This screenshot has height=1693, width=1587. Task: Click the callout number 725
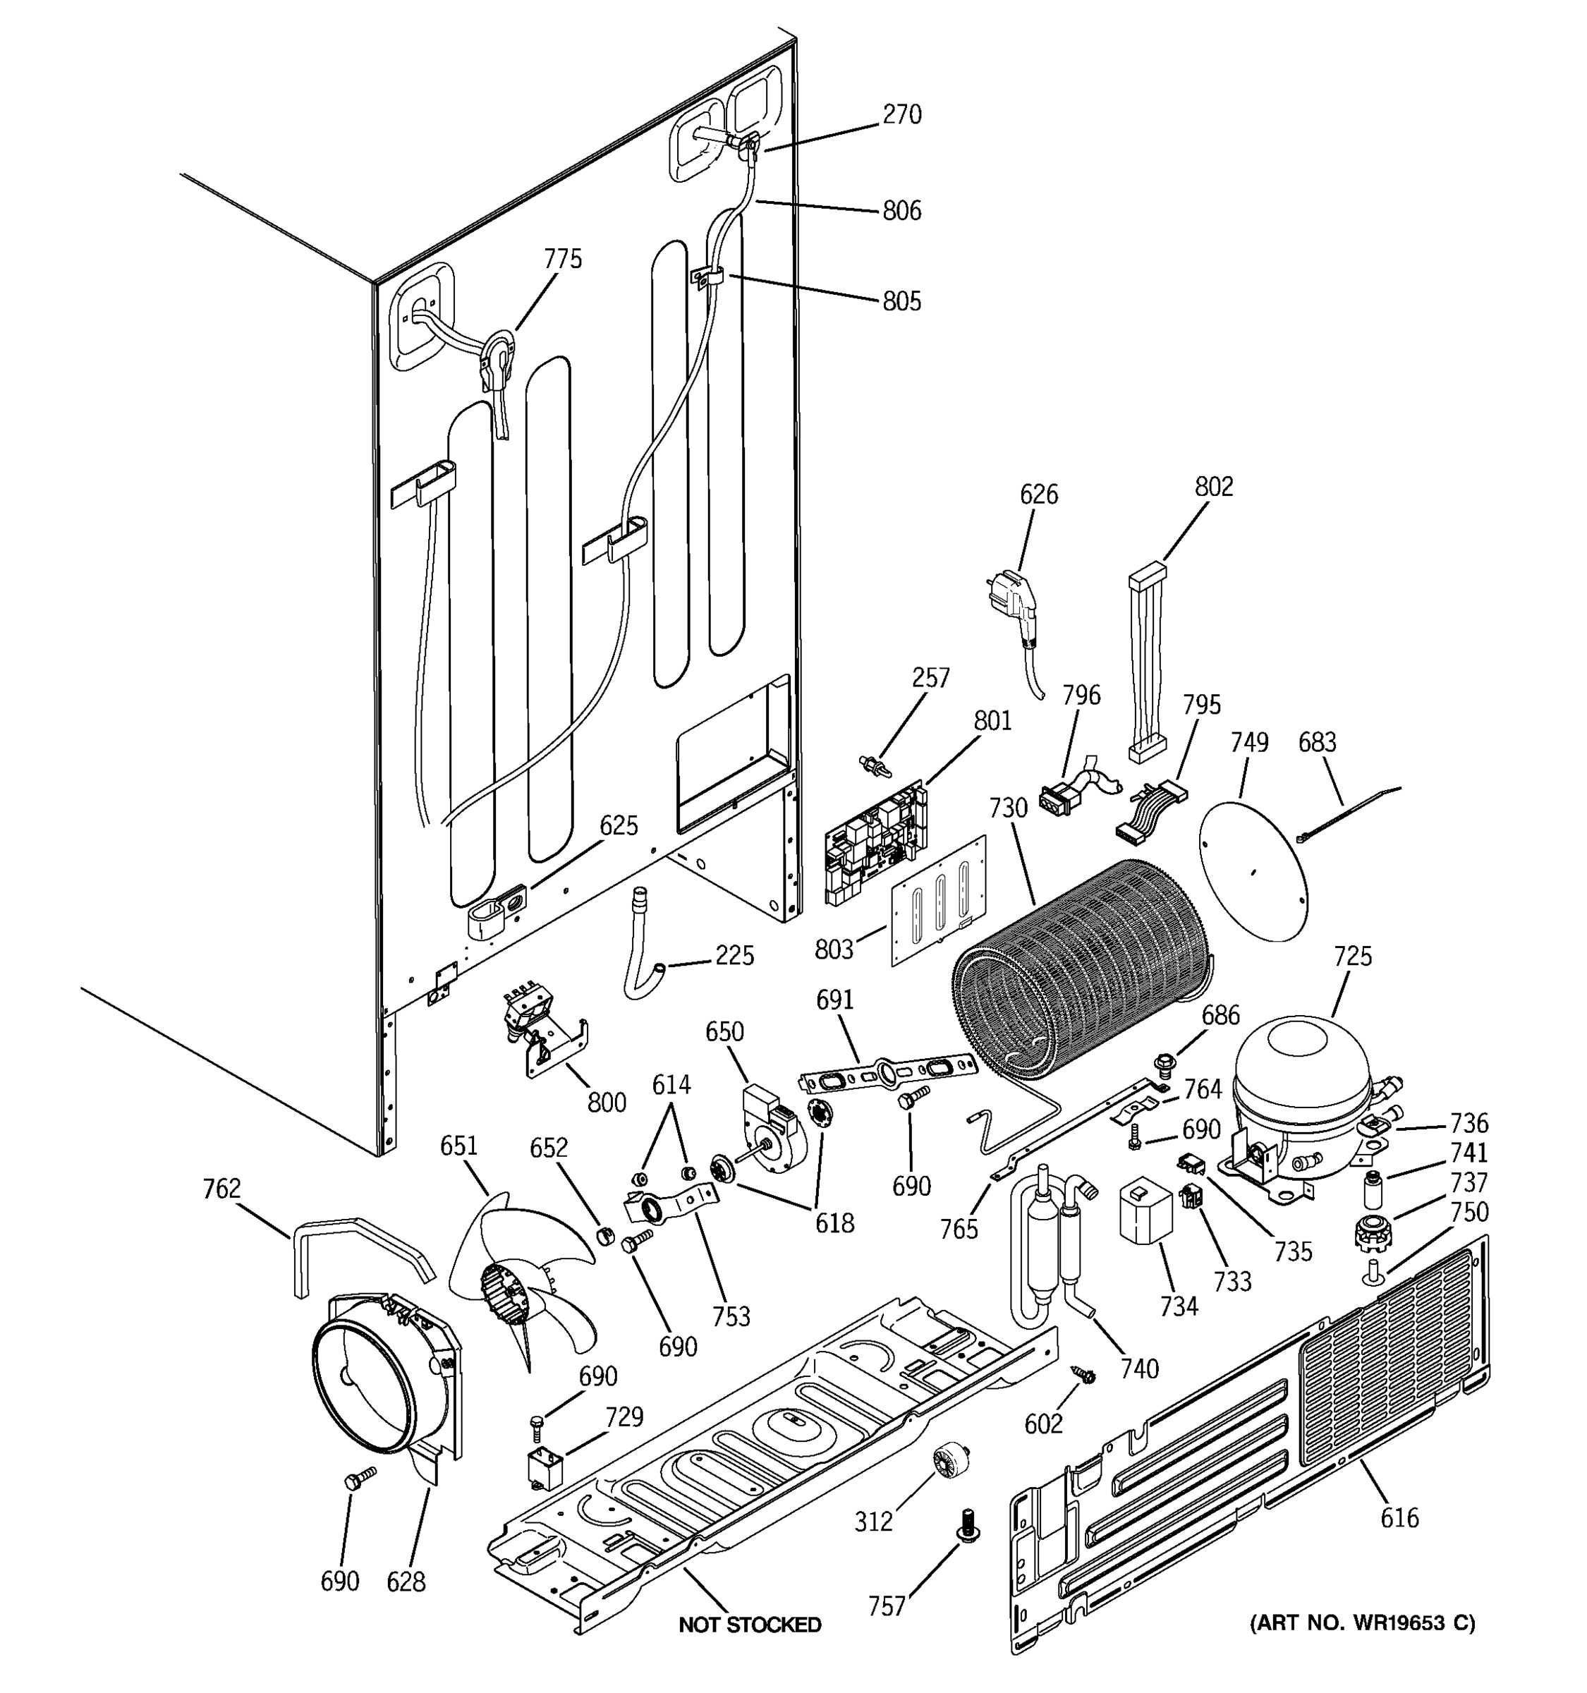(1352, 957)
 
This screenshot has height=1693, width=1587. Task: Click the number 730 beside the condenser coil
(1007, 807)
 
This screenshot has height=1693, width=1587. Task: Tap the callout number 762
(221, 1188)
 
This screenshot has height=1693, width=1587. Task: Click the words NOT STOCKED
(749, 1625)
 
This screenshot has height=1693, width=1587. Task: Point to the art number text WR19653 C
(1362, 1623)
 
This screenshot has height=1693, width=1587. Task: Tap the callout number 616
(1399, 1517)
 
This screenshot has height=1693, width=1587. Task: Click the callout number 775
(563, 259)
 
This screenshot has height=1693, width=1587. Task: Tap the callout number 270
(901, 115)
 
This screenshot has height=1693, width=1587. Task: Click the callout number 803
(833, 949)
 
